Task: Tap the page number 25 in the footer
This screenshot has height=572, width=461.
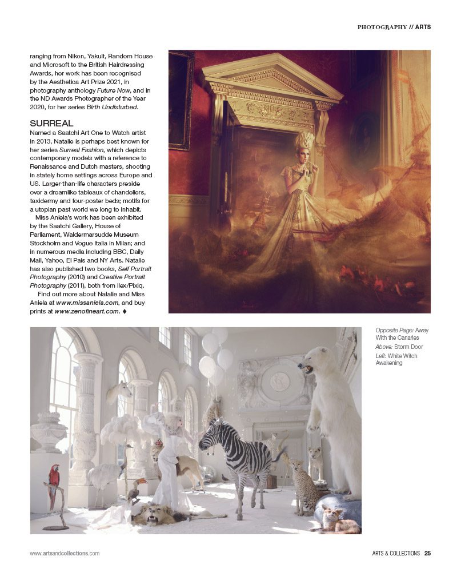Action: pos(427,553)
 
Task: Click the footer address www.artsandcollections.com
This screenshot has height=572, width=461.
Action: pos(65,553)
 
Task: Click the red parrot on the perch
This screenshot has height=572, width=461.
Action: pos(54,478)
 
